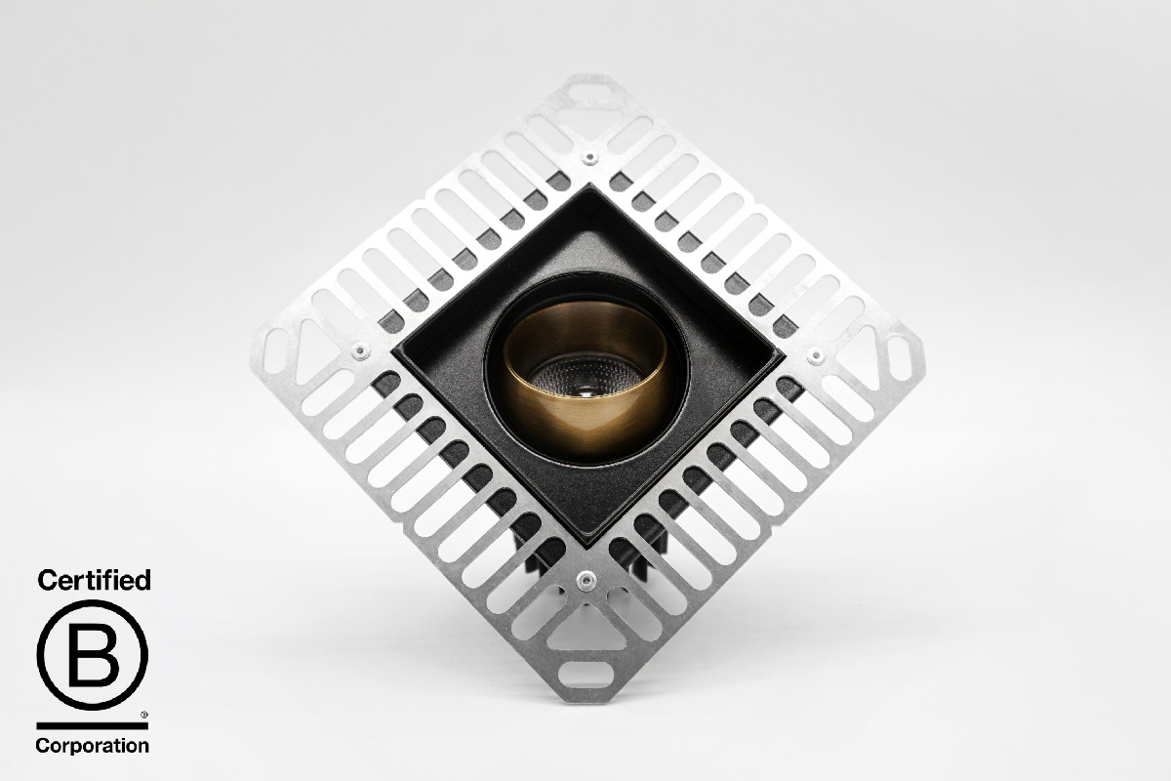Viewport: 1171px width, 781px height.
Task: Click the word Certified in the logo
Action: click(x=94, y=581)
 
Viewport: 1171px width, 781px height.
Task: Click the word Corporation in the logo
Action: click(x=93, y=746)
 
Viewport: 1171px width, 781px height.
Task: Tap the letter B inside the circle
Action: click(x=94, y=655)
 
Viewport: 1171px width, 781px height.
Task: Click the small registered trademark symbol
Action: click(x=144, y=714)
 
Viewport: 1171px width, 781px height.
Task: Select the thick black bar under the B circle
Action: click(x=93, y=725)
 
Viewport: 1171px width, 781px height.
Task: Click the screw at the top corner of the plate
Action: click(x=589, y=157)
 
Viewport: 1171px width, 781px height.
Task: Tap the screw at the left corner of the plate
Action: click(x=360, y=350)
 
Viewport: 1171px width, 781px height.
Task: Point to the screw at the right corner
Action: click(x=815, y=356)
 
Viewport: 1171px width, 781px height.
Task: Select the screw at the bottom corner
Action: click(x=585, y=579)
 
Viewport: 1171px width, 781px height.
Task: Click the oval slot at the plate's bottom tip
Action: click(x=586, y=675)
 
